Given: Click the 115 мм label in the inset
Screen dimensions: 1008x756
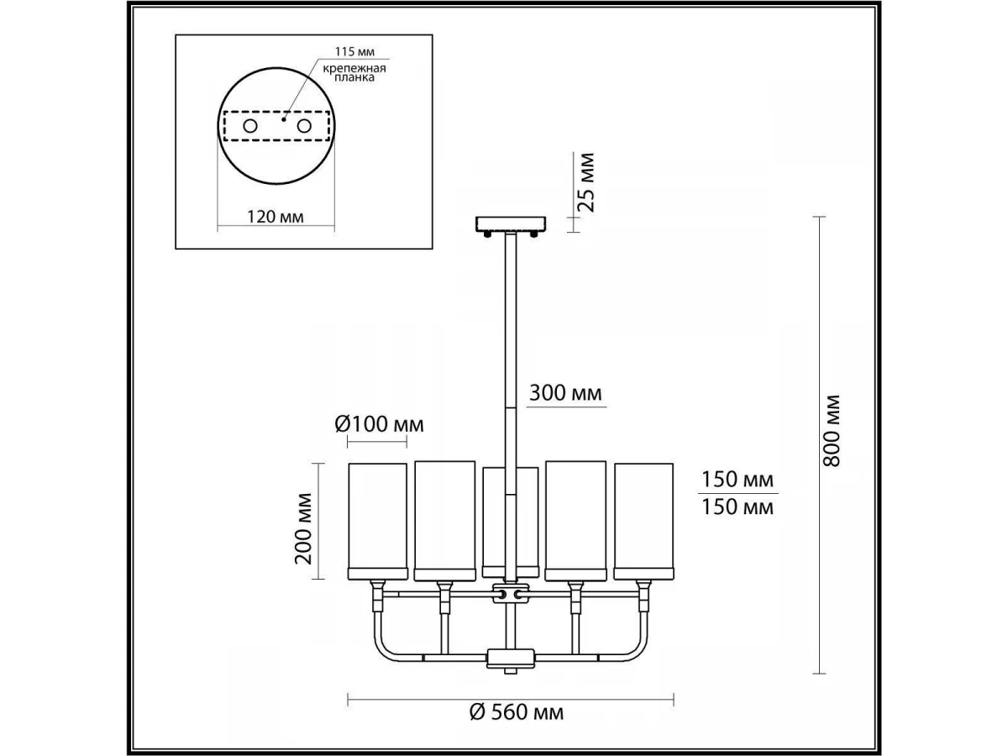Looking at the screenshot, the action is click(354, 51).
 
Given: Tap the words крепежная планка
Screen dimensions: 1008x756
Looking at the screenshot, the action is click(354, 73).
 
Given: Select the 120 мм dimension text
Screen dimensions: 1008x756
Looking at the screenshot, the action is click(276, 216).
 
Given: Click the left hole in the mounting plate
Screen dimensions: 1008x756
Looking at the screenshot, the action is click(250, 126).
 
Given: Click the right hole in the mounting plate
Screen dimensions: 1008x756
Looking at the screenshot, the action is click(304, 126).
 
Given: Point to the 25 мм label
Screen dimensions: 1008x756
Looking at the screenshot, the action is click(586, 182).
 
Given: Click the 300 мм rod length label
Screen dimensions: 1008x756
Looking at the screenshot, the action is click(565, 393).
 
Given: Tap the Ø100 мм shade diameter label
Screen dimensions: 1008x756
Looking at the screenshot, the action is click(380, 424).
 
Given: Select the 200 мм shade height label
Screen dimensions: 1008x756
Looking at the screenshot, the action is click(303, 528).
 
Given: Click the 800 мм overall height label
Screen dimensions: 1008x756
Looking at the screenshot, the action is click(832, 433).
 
